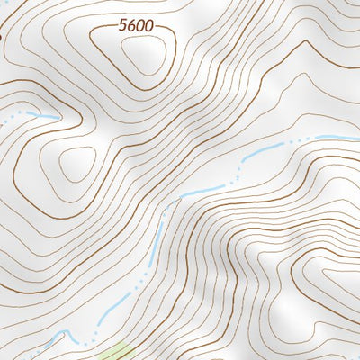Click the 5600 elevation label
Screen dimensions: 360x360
136,27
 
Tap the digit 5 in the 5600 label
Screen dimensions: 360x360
122,27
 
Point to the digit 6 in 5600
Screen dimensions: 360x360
131,27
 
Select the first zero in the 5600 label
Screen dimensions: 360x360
140,27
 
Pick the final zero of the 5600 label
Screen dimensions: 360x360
149,27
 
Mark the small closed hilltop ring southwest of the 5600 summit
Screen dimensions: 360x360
77,163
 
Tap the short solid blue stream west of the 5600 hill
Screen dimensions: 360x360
43,115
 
